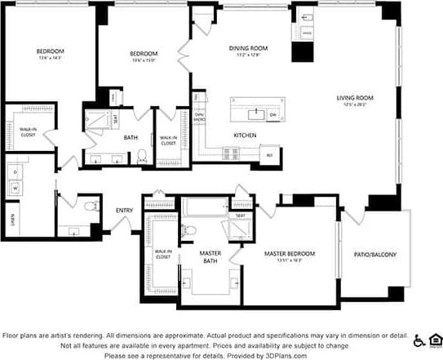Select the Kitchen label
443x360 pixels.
(x=245, y=135)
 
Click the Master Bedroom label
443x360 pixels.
(x=290, y=254)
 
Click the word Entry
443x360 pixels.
(x=124, y=211)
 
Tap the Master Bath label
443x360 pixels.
(x=210, y=257)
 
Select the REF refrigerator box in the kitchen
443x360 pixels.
(x=269, y=154)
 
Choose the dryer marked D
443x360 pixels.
(x=15, y=171)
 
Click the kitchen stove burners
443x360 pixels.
(x=232, y=152)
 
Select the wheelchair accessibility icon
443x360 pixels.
(x=419, y=340)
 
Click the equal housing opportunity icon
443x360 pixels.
(x=436, y=340)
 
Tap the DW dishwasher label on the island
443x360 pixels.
(x=272, y=114)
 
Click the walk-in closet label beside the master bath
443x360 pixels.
(x=162, y=253)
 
